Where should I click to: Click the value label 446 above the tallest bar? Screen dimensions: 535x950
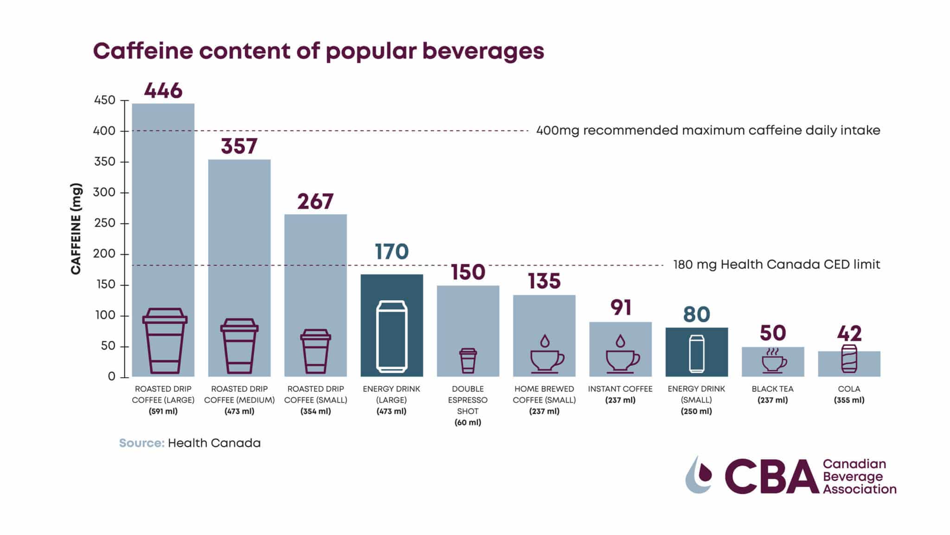(x=163, y=91)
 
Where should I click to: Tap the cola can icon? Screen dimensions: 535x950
(x=849, y=359)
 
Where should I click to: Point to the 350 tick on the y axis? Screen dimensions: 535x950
(x=104, y=162)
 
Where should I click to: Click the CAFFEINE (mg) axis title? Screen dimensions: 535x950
(x=76, y=228)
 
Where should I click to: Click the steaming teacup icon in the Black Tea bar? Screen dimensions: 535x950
(x=773, y=360)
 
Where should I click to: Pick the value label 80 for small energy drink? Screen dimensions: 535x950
(x=696, y=314)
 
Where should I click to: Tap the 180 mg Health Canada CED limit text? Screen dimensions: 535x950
(x=776, y=265)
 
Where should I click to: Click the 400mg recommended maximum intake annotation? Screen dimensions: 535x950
(x=708, y=130)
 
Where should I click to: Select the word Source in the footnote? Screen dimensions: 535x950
(x=141, y=443)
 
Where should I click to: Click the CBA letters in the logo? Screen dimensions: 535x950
(x=770, y=476)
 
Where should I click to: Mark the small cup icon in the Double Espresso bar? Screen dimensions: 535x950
(x=468, y=361)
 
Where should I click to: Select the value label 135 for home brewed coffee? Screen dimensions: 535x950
(x=544, y=281)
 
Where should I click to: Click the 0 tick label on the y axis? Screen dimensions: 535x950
(x=111, y=377)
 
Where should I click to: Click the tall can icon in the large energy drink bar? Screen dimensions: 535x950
(x=392, y=337)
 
